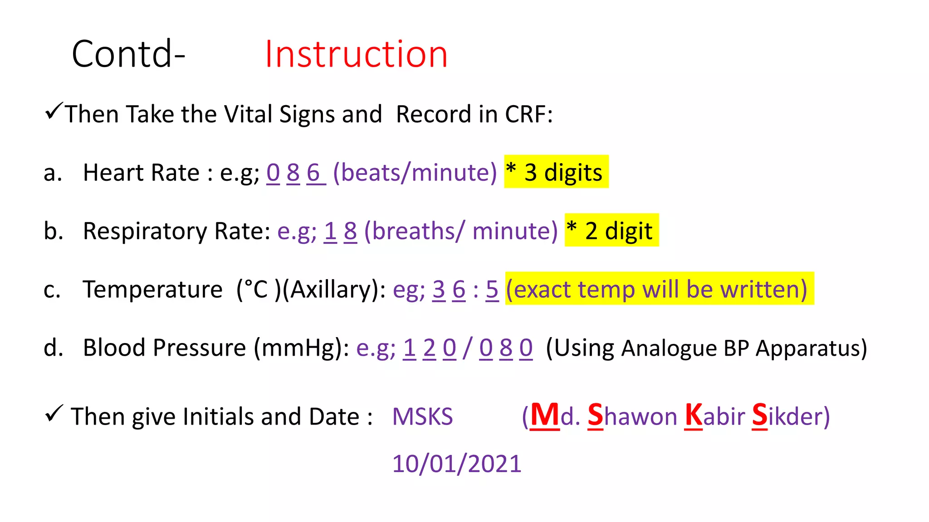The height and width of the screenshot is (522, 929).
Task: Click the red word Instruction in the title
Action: click(x=356, y=54)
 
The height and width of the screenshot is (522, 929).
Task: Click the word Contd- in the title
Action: click(x=128, y=54)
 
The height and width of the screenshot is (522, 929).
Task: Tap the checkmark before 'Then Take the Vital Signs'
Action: click(x=54, y=111)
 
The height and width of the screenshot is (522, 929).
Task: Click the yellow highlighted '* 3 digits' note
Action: click(x=556, y=172)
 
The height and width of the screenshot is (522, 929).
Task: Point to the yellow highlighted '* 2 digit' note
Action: click(x=611, y=231)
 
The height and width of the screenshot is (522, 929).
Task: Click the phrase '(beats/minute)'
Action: click(x=415, y=173)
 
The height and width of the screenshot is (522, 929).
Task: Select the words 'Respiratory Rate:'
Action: click(x=177, y=232)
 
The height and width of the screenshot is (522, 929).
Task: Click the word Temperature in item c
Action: click(x=152, y=290)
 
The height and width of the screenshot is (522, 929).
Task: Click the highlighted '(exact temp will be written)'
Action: click(x=659, y=289)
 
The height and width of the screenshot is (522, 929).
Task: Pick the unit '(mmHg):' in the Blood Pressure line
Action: click(x=302, y=348)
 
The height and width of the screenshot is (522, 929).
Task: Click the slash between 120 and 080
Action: click(x=467, y=348)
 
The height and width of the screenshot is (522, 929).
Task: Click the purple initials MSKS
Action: click(x=422, y=416)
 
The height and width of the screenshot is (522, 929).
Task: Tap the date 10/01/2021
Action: click(x=457, y=464)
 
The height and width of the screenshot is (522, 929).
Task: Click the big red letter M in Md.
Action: click(x=545, y=415)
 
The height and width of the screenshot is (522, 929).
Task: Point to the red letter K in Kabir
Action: click(x=693, y=415)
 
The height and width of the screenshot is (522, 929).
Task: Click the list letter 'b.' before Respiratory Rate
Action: click(x=53, y=231)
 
